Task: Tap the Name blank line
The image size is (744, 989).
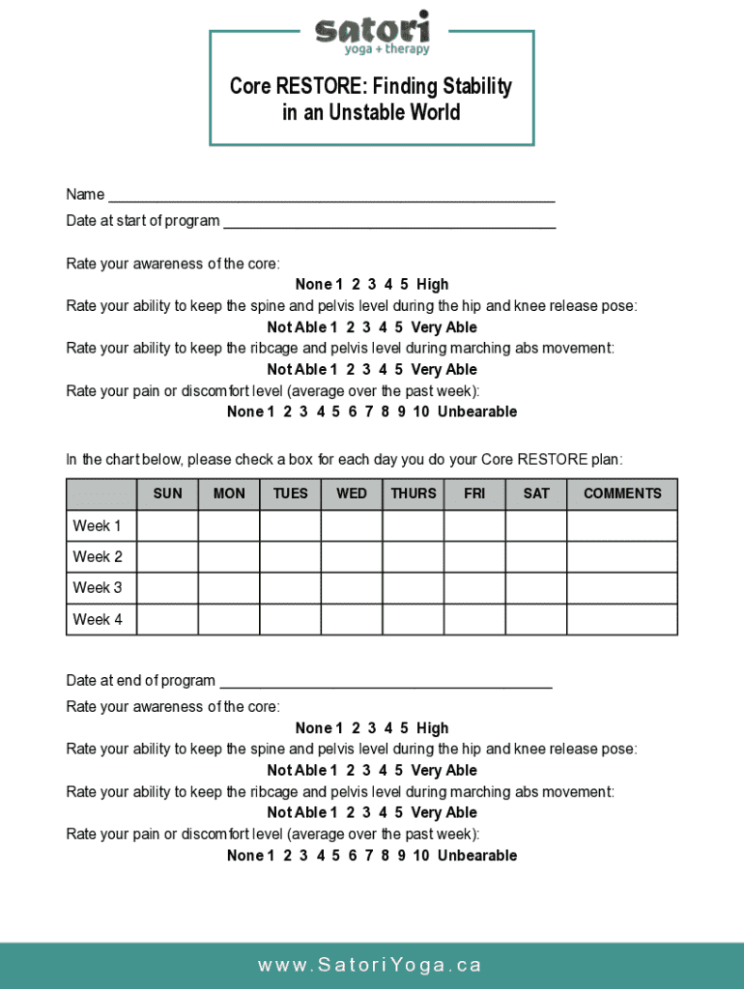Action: tap(331, 195)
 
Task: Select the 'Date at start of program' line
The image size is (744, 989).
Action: tap(389, 221)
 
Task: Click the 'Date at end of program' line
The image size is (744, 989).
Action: tap(385, 681)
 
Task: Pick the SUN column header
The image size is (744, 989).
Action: tap(167, 494)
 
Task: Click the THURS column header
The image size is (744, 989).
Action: tap(414, 494)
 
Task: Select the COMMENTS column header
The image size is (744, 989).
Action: tap(622, 494)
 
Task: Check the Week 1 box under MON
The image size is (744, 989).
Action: tap(229, 526)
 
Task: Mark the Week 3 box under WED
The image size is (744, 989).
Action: tap(352, 588)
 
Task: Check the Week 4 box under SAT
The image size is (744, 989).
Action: tap(536, 619)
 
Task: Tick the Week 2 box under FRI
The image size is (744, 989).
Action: tap(474, 557)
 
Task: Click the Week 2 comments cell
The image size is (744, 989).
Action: tap(622, 557)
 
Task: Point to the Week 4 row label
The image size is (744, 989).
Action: tap(99, 619)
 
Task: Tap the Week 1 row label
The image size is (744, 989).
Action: tap(99, 526)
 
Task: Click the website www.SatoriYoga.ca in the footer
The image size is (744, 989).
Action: tap(370, 965)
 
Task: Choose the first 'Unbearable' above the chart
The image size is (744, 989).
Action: tap(477, 412)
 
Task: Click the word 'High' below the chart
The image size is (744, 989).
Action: tap(433, 728)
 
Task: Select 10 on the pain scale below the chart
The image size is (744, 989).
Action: tap(421, 856)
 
